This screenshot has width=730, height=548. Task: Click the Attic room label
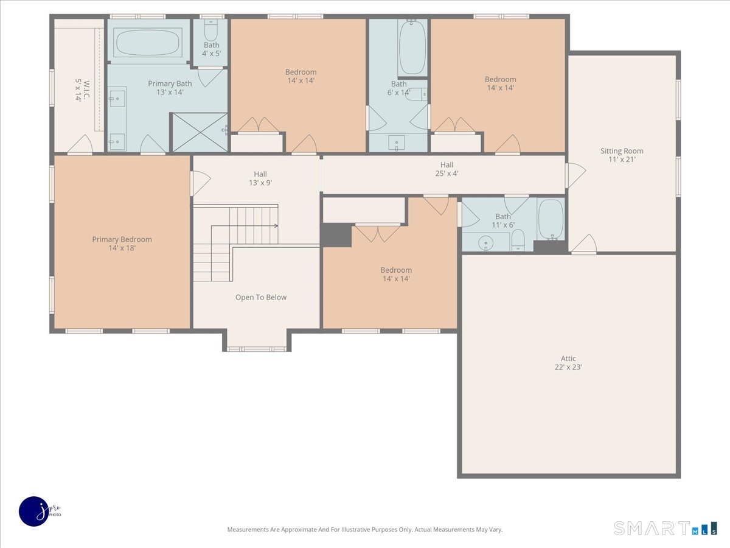coord(568,359)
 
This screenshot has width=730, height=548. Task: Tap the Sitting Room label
coord(622,151)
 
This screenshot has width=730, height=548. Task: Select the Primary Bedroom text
coord(122,239)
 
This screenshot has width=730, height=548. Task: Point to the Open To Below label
coord(261,297)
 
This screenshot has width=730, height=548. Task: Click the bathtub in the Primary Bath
coord(148,42)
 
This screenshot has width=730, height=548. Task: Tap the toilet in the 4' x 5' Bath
coord(210,30)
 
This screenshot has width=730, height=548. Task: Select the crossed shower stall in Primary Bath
coord(199,132)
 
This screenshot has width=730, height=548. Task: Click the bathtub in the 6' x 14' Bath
coord(412,47)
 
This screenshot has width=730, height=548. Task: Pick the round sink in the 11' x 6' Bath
coord(486,243)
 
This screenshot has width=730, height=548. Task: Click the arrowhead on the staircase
coord(276,226)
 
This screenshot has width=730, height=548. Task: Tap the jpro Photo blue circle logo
coord(34,511)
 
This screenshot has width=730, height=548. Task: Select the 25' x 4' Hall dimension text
coord(447,174)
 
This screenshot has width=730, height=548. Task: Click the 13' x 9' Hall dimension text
coord(260,183)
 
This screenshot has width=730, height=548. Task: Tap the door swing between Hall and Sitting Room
coord(576,175)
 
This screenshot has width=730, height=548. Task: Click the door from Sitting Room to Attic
coord(584,244)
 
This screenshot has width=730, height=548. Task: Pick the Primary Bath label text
coord(170,83)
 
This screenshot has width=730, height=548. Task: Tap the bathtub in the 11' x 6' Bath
coord(551,219)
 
